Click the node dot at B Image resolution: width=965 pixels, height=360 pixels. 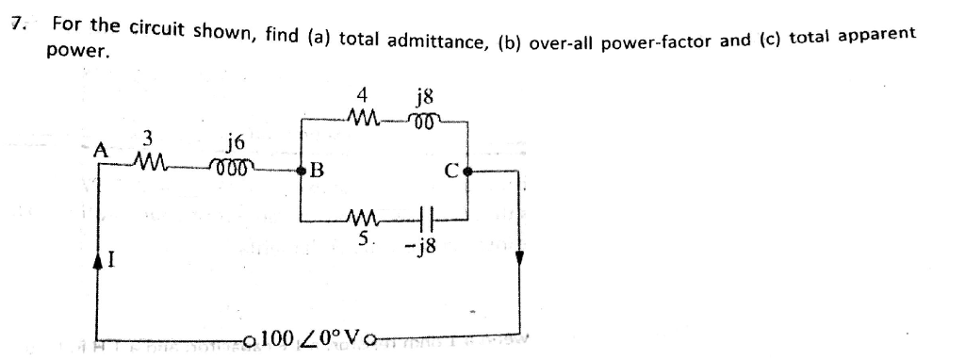(x=303, y=171)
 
